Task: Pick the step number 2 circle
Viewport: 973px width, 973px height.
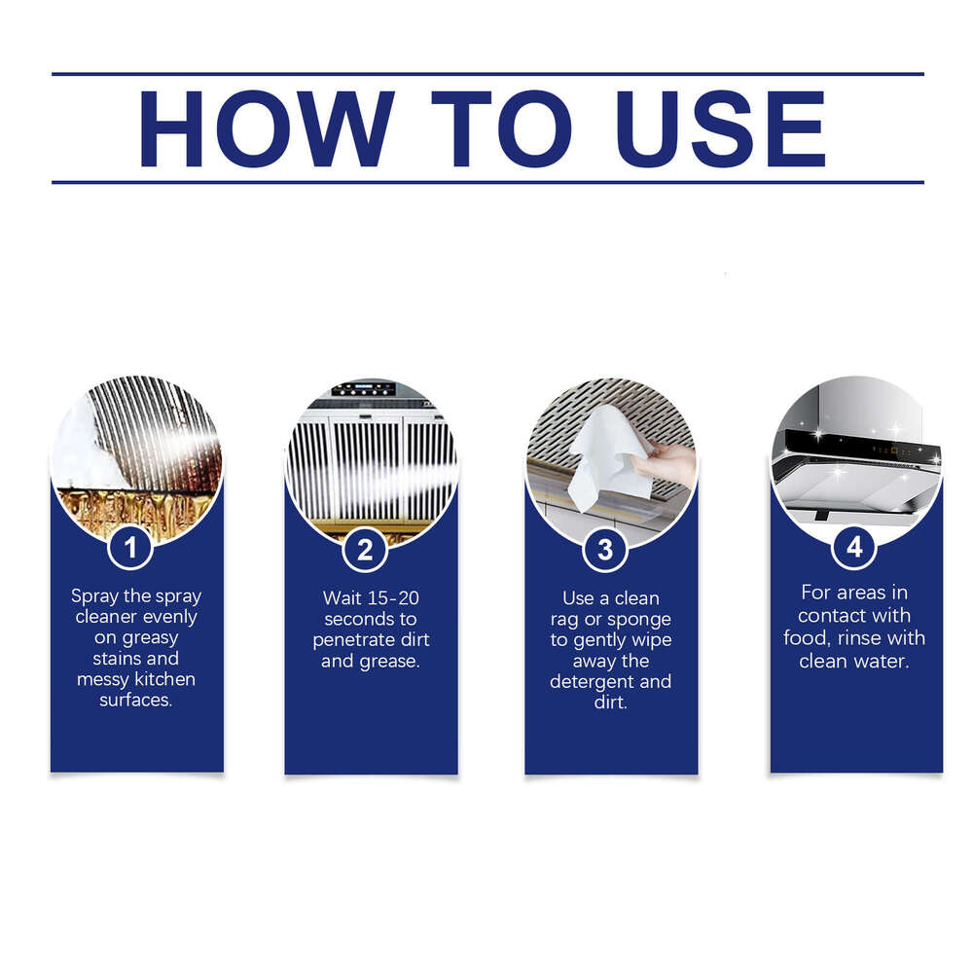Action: (365, 550)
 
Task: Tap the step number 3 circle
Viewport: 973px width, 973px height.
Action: (604, 550)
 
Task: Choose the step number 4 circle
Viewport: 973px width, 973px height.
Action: (853, 547)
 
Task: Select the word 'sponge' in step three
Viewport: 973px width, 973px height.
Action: (640, 619)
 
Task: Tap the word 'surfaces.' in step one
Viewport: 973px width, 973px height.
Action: (136, 700)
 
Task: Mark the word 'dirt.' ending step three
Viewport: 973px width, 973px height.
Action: (610, 703)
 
